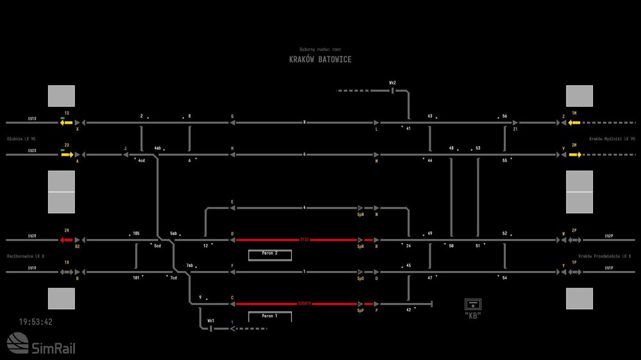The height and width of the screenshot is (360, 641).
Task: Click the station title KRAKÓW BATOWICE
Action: pyautogui.click(x=320, y=60)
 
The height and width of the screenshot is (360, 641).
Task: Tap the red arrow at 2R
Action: pyautogui.click(x=67, y=240)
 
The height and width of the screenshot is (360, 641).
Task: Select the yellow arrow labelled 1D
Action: pyautogui.click(x=67, y=122)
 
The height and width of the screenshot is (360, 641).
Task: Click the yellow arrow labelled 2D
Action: pyautogui.click(x=67, y=155)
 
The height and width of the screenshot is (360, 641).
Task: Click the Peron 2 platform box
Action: pyautogui.click(x=270, y=254)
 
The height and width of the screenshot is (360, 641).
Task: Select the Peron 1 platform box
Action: pyautogui.click(x=270, y=316)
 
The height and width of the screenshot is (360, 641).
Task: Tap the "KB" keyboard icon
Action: pyautogui.click(x=473, y=305)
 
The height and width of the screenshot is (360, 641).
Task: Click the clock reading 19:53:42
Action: pyautogui.click(x=36, y=322)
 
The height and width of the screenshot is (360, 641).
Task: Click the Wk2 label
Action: pyautogui.click(x=392, y=83)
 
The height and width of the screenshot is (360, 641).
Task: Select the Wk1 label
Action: pyautogui.click(x=210, y=320)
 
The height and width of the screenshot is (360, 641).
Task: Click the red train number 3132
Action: pyautogui.click(x=304, y=240)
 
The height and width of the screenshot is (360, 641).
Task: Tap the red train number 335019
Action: pyautogui.click(x=304, y=304)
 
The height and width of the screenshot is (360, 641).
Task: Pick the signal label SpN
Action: pyautogui.click(x=361, y=215)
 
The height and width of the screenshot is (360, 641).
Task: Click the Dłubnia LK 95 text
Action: pyautogui.click(x=21, y=138)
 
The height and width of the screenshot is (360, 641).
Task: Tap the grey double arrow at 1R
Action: pyautogui.click(x=67, y=272)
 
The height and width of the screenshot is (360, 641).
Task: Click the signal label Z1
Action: pyautogui.click(x=515, y=129)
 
